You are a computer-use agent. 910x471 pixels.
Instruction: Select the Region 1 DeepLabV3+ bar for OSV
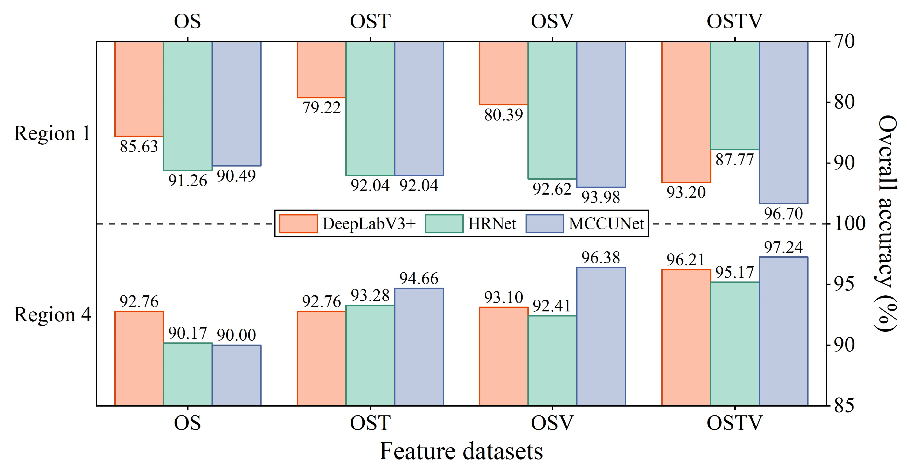pyautogui.click(x=503, y=73)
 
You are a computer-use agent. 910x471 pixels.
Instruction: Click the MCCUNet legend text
pyautogui.click(x=606, y=224)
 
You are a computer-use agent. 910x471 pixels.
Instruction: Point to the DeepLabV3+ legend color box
pyautogui.click(x=298, y=224)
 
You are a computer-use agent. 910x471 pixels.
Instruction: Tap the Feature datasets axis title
pyautogui.click(x=461, y=451)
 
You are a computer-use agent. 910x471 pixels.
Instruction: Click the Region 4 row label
pyautogui.click(x=52, y=314)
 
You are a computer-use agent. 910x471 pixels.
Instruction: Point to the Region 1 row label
pyautogui.click(x=52, y=133)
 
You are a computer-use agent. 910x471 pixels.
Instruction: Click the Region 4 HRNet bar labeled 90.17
pyautogui.click(x=188, y=374)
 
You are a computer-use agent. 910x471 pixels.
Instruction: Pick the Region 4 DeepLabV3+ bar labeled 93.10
pyautogui.click(x=503, y=356)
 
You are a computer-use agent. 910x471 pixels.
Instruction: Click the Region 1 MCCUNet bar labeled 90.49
pyautogui.click(x=236, y=104)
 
